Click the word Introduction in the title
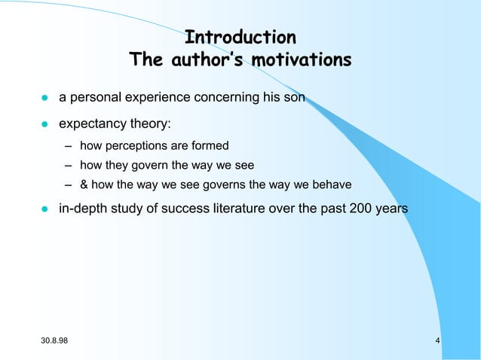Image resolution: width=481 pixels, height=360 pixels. (x=240, y=38)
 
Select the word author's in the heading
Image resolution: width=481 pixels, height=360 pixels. (x=207, y=59)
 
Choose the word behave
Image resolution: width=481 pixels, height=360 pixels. (x=332, y=185)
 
